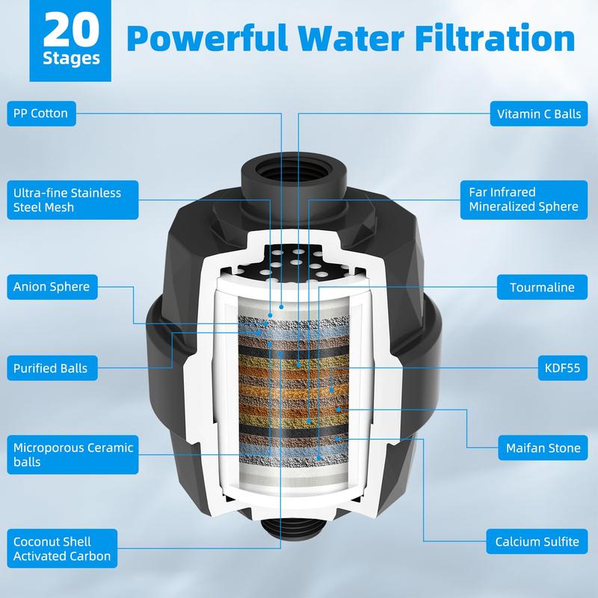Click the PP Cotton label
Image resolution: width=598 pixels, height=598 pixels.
(x=41, y=114)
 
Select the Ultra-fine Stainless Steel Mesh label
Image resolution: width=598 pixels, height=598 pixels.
(x=73, y=200)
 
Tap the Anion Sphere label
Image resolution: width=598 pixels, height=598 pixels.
(x=52, y=287)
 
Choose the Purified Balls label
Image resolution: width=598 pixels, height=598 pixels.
(x=52, y=368)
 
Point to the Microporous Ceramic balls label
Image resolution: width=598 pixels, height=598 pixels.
(x=73, y=454)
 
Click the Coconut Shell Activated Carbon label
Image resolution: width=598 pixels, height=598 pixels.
(x=62, y=549)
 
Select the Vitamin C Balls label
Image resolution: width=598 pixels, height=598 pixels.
(x=539, y=114)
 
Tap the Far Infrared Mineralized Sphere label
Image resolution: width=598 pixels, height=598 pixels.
(x=524, y=200)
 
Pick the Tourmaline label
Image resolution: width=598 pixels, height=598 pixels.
(x=543, y=287)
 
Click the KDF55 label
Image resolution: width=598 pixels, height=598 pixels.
(x=563, y=368)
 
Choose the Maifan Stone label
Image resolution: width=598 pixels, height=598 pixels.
(x=543, y=448)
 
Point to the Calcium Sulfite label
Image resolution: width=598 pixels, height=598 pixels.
(x=537, y=541)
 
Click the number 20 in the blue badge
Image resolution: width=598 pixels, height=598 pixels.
(x=71, y=30)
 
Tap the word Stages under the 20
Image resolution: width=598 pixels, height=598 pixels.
(x=71, y=59)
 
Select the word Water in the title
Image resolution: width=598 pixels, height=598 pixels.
(x=351, y=38)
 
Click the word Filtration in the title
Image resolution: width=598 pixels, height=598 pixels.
(x=495, y=38)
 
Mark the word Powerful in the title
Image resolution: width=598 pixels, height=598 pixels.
(x=207, y=38)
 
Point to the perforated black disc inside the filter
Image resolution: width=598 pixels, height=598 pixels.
(x=293, y=263)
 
